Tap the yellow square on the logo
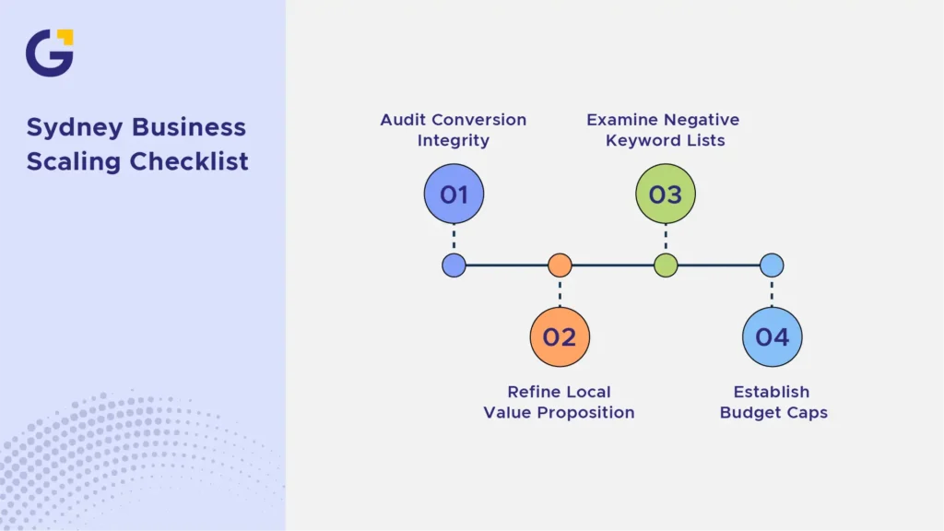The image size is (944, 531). pyautogui.click(x=65, y=37)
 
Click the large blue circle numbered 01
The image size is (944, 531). pyautogui.click(x=454, y=194)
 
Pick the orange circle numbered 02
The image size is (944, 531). pyautogui.click(x=560, y=337)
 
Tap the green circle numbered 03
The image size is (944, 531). pyautogui.click(x=666, y=194)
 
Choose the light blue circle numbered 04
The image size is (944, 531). pyautogui.click(x=772, y=337)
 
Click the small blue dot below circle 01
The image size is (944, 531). pyautogui.click(x=454, y=265)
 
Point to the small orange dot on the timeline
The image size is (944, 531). pyautogui.click(x=560, y=265)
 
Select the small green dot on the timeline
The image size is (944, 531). pyautogui.click(x=666, y=265)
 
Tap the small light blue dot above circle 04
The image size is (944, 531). pyautogui.click(x=772, y=265)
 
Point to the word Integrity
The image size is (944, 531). pyautogui.click(x=454, y=141)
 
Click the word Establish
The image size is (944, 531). pyautogui.click(x=772, y=392)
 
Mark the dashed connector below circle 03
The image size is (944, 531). pyautogui.click(x=666, y=239)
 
